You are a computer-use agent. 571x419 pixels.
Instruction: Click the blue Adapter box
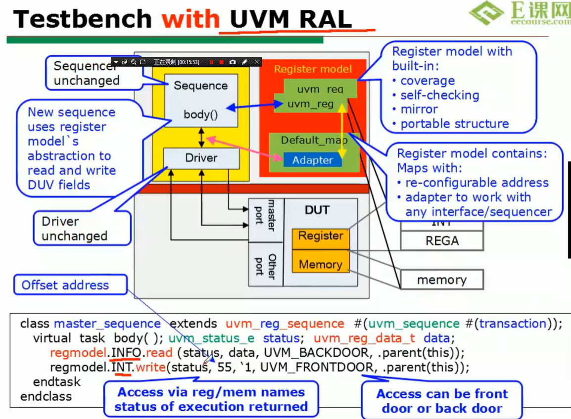click(x=312, y=160)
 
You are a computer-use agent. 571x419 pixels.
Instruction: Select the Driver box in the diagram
click(x=201, y=158)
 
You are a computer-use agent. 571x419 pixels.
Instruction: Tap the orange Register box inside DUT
click(x=321, y=236)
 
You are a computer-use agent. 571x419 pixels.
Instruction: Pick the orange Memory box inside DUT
click(x=321, y=265)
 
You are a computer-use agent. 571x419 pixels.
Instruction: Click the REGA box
click(x=442, y=241)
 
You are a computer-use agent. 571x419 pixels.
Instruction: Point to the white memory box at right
click(x=441, y=280)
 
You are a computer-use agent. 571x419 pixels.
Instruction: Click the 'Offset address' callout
click(x=65, y=285)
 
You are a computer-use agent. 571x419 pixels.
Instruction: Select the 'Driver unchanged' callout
click(x=74, y=229)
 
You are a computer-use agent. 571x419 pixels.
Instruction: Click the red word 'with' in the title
click(x=190, y=19)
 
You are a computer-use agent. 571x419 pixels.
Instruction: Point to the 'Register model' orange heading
click(x=313, y=69)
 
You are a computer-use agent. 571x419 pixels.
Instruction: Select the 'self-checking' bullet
click(x=439, y=95)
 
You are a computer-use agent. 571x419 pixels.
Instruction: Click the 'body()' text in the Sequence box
click(x=200, y=115)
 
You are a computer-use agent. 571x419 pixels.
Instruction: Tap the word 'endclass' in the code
click(x=46, y=396)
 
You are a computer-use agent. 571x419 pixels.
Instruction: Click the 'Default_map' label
click(x=314, y=140)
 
